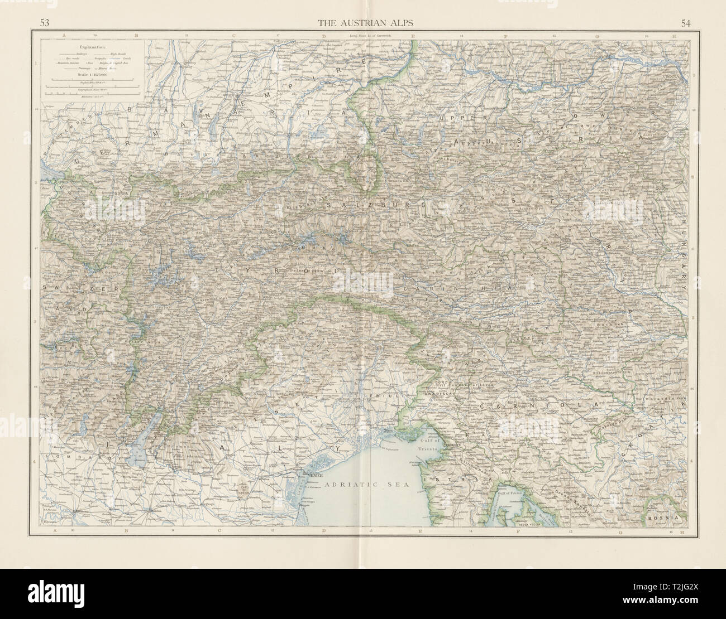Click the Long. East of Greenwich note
pyautogui.click(x=364, y=36)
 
